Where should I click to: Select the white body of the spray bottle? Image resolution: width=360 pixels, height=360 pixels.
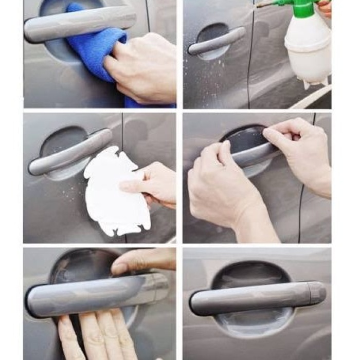pos(308,51)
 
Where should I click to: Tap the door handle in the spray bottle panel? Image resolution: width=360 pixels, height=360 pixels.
pos(216,41)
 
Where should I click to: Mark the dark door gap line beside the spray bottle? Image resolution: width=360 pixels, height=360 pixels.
pos(250,62)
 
